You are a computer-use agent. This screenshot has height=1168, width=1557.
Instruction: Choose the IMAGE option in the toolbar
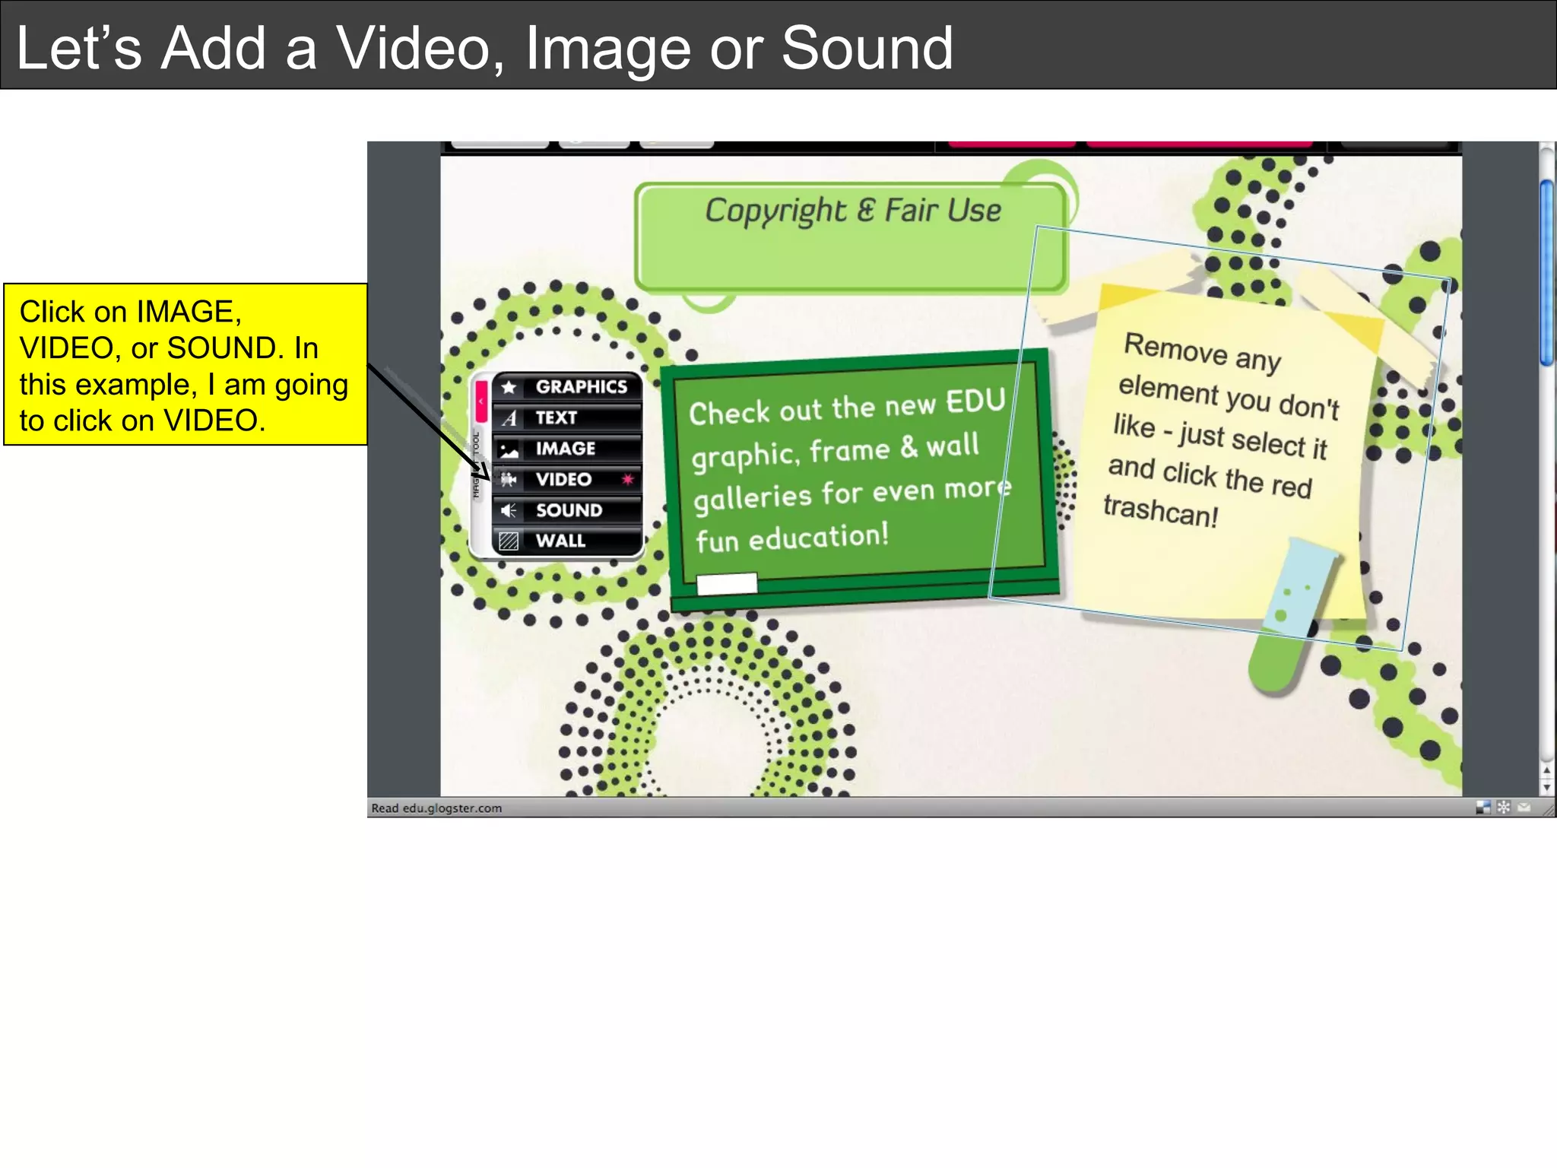(x=566, y=449)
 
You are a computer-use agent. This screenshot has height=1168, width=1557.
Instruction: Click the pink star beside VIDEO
(x=627, y=479)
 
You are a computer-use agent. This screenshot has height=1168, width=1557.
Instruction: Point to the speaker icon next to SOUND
(x=509, y=510)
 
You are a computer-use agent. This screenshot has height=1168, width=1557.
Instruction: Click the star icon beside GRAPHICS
(x=509, y=387)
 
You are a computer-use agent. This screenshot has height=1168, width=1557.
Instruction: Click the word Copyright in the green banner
(x=775, y=211)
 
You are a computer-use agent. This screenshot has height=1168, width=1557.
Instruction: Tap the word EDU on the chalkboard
(x=975, y=401)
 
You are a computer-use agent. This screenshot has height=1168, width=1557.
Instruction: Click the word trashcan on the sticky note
(x=1160, y=510)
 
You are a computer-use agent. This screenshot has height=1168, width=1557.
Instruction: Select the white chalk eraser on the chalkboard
(x=727, y=583)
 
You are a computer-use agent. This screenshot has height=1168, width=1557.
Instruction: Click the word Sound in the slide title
(x=867, y=48)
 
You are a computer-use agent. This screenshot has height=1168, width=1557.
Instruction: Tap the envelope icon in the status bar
(x=1524, y=808)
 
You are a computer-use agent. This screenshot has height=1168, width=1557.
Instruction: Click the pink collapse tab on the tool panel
(x=481, y=401)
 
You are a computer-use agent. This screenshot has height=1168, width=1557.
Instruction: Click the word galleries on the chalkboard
(x=753, y=498)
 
